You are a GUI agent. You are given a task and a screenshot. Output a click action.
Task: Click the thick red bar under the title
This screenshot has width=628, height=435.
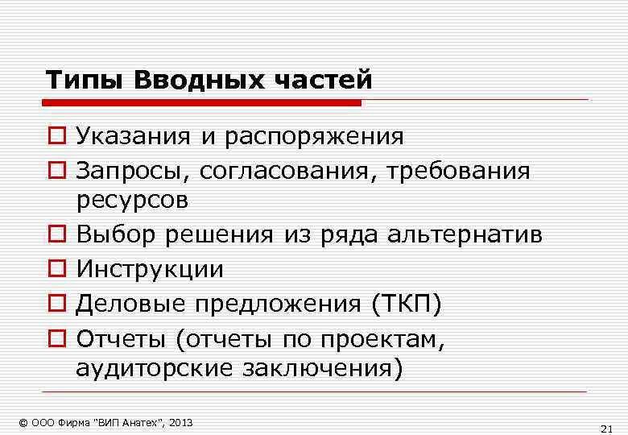point(201,103)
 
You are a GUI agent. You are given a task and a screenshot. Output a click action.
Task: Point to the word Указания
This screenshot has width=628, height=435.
point(133,137)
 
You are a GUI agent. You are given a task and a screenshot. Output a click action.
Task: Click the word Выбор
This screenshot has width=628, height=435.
point(117,234)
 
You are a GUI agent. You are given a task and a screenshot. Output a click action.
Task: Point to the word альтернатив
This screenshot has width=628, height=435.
point(465,234)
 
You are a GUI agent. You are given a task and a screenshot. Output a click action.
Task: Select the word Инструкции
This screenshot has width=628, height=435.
point(150,269)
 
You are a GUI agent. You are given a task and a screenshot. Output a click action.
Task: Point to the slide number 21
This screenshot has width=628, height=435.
point(607,427)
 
